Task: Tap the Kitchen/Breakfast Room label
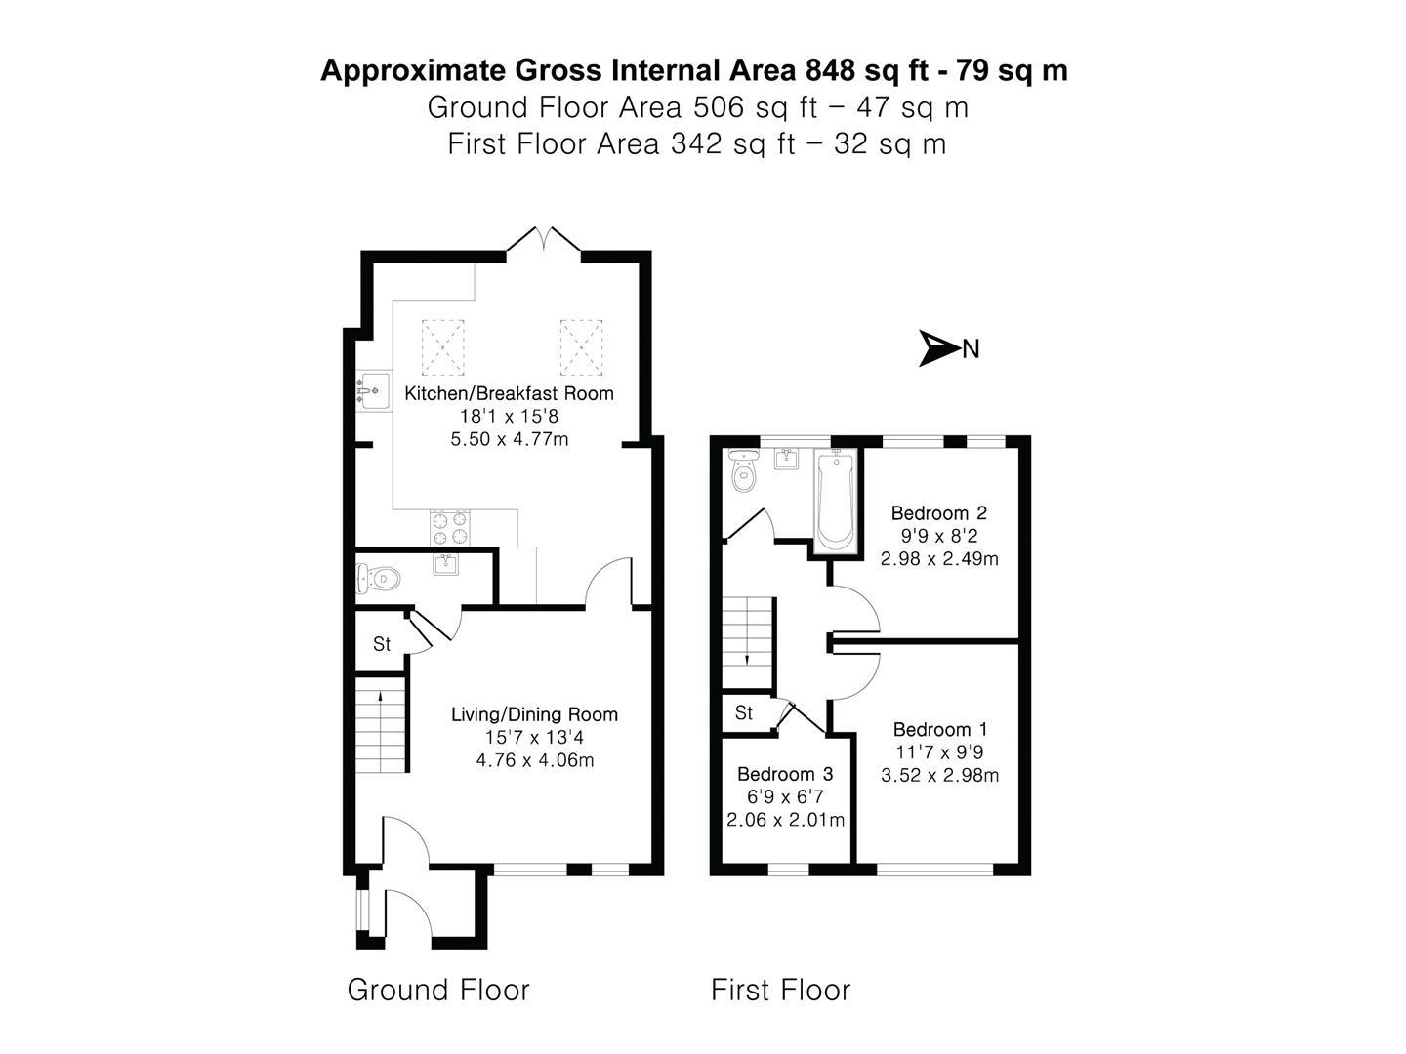pyautogui.click(x=509, y=393)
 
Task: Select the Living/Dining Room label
pyautogui.click(x=534, y=714)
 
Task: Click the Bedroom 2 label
pyautogui.click(x=938, y=512)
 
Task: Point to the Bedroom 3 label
pyautogui.click(x=785, y=774)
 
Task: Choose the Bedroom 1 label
pyautogui.click(x=940, y=729)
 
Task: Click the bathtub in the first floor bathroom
pyautogui.click(x=836, y=500)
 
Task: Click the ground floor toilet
pyautogui.click(x=378, y=579)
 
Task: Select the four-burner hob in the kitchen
pyautogui.click(x=450, y=528)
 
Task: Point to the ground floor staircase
pyautogui.click(x=381, y=724)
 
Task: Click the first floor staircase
pyautogui.click(x=747, y=642)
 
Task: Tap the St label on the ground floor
pyautogui.click(x=381, y=644)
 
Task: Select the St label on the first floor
pyautogui.click(x=744, y=712)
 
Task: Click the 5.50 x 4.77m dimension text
pyautogui.click(x=510, y=439)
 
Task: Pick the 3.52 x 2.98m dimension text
pyautogui.click(x=939, y=775)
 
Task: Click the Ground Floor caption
pyautogui.click(x=438, y=990)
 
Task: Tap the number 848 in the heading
pyautogui.click(x=830, y=69)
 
